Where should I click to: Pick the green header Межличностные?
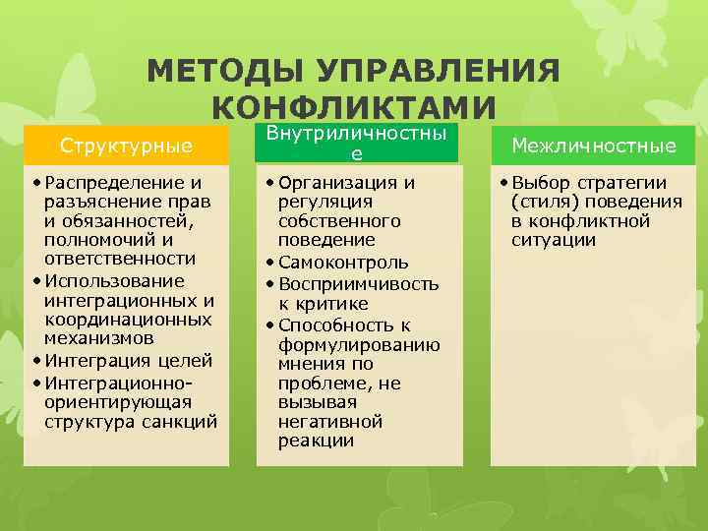[x=592, y=146]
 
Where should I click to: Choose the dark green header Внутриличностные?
[x=357, y=143]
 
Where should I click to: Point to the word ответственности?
[x=120, y=259]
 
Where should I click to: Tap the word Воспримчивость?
[x=358, y=284]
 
